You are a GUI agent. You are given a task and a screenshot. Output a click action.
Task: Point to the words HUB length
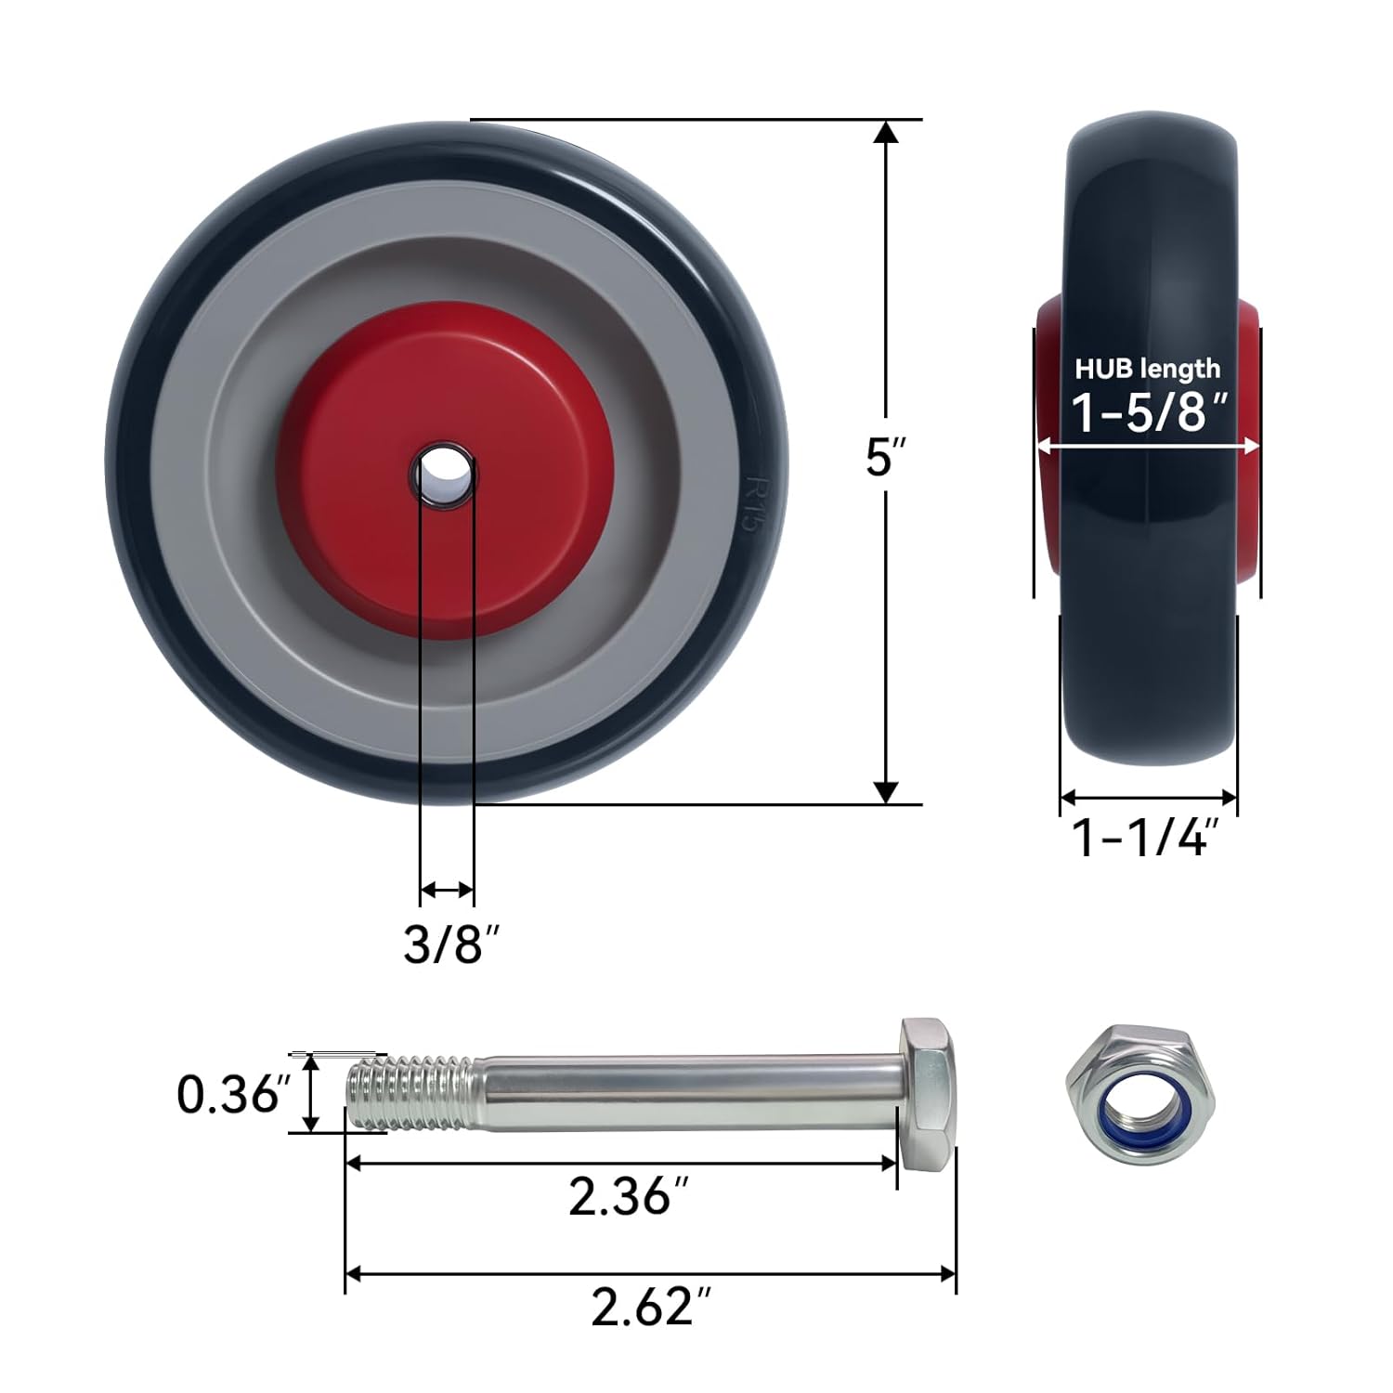[x=1148, y=369]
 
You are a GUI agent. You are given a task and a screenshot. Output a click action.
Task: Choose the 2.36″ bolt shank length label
[x=632, y=1196]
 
